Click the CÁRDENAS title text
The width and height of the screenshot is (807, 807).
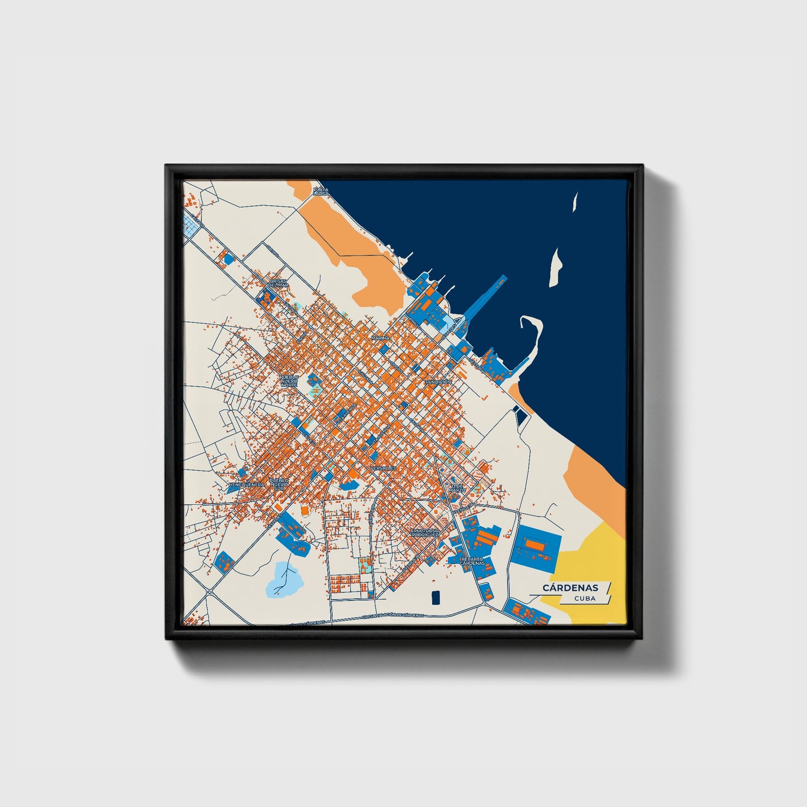[x=570, y=588]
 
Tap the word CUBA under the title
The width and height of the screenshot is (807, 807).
[x=585, y=598]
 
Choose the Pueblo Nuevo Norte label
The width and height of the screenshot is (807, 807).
[x=289, y=381]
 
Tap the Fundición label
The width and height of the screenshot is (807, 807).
[x=438, y=381]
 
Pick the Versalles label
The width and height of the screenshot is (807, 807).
[x=383, y=467]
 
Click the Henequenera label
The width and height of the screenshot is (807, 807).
[x=246, y=484]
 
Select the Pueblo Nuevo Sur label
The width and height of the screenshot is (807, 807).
[x=279, y=484]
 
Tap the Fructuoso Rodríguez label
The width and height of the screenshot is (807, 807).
[x=425, y=532]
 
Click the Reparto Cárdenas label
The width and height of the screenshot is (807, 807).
[x=472, y=561]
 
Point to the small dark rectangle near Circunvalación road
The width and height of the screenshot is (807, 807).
[x=436, y=597]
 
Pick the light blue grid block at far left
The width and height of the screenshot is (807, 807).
[x=192, y=225]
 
